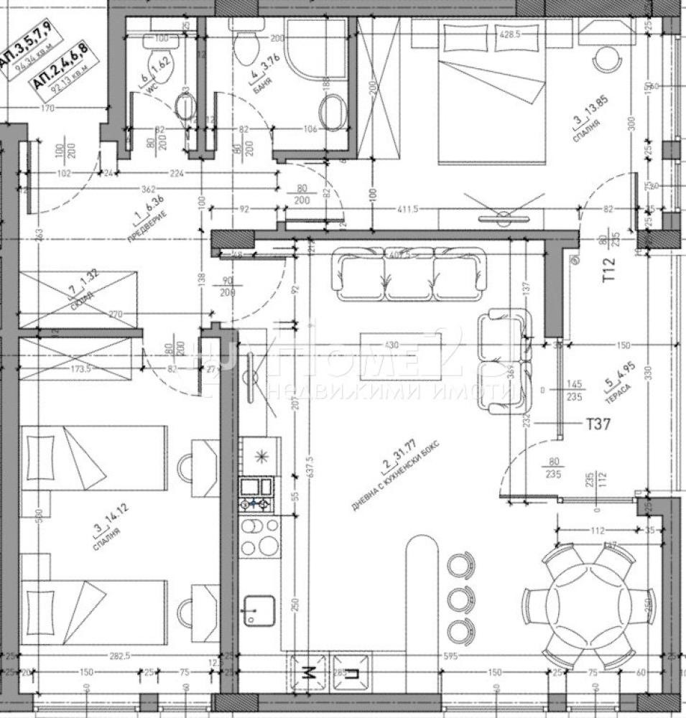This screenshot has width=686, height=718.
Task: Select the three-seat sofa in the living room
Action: click(408, 276)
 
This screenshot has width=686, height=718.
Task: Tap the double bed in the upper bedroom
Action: click(491, 93)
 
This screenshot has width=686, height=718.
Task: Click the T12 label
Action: click(610, 269)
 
